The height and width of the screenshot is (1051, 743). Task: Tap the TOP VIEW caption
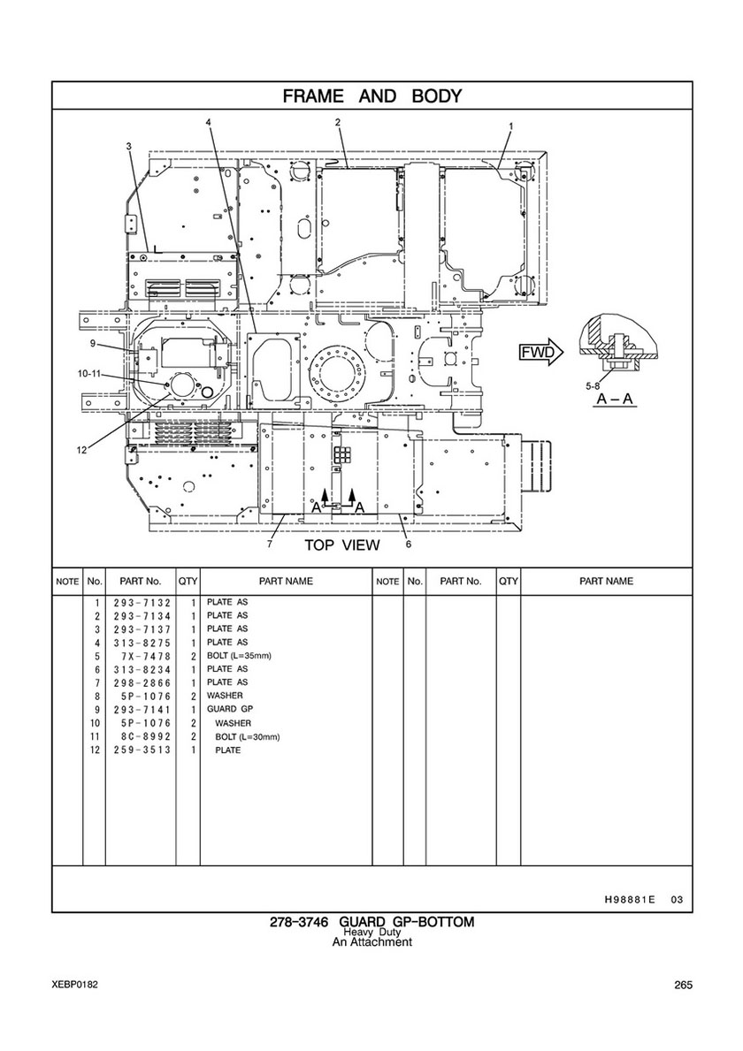point(342,545)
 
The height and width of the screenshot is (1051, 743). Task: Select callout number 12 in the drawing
point(81,451)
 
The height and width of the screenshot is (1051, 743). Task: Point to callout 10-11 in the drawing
point(89,374)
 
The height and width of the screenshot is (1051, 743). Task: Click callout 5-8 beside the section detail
point(592,386)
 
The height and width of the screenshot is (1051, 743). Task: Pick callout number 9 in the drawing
point(93,346)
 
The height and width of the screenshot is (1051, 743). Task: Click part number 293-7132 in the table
point(142,603)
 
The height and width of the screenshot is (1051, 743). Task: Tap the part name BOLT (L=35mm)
point(239,656)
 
